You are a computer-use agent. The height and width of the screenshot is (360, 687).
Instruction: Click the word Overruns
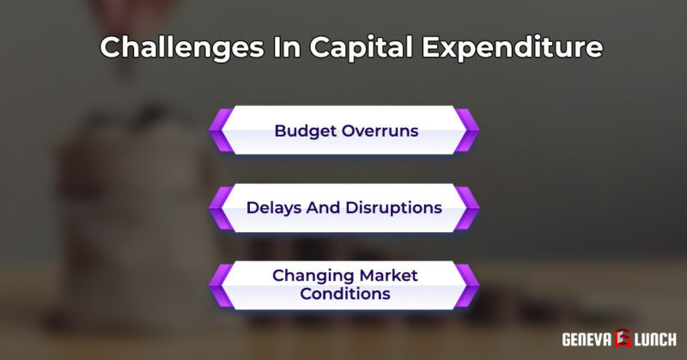(x=382, y=131)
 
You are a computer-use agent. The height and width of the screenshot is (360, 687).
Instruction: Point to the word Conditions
(x=343, y=294)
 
